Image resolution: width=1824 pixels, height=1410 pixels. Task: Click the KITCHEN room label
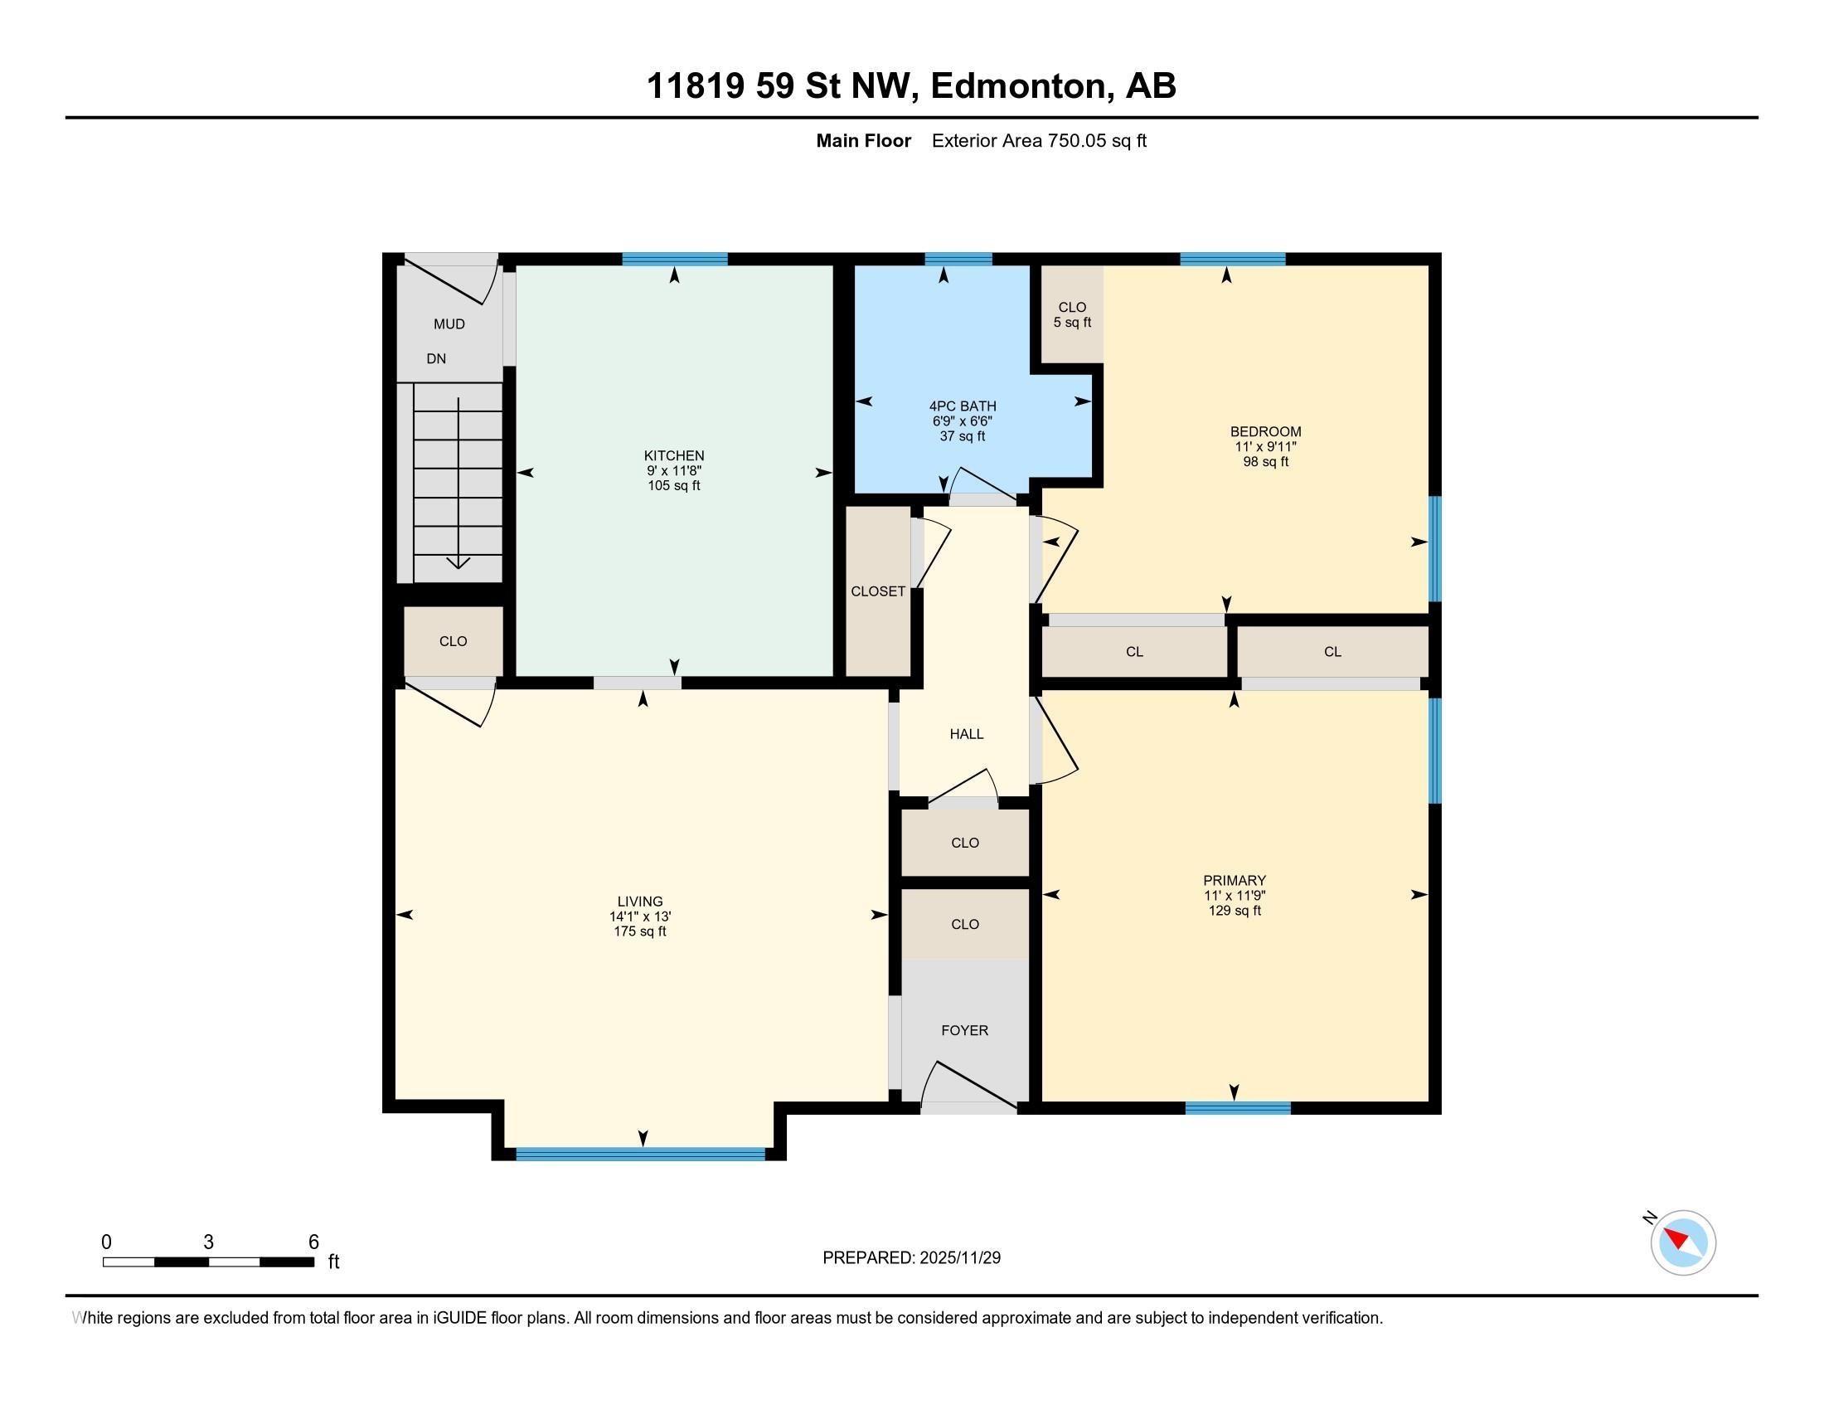[x=674, y=455]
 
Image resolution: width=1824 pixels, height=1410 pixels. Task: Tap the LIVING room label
[x=640, y=902]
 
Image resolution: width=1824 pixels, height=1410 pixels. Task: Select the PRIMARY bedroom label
[x=1235, y=880]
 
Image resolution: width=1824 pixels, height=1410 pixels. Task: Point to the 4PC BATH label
[x=962, y=406]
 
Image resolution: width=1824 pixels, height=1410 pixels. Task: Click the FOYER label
[x=964, y=1031]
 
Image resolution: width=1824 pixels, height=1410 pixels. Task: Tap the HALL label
[x=966, y=734]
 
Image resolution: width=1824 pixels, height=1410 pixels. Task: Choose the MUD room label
[x=449, y=324]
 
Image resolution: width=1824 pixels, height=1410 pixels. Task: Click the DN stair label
[x=436, y=359]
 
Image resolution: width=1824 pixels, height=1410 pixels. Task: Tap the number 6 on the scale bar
[x=314, y=1242]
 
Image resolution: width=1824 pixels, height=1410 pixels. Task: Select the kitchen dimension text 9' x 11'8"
[x=674, y=470]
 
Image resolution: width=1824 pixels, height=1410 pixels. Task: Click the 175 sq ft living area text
[x=640, y=931]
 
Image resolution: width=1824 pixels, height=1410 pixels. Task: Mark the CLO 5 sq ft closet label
[x=1072, y=315]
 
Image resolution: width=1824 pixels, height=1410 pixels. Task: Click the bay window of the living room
[x=641, y=1155]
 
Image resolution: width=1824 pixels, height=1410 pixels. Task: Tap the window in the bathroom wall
[x=958, y=258]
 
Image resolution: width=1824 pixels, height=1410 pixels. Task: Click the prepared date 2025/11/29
[x=959, y=1258]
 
